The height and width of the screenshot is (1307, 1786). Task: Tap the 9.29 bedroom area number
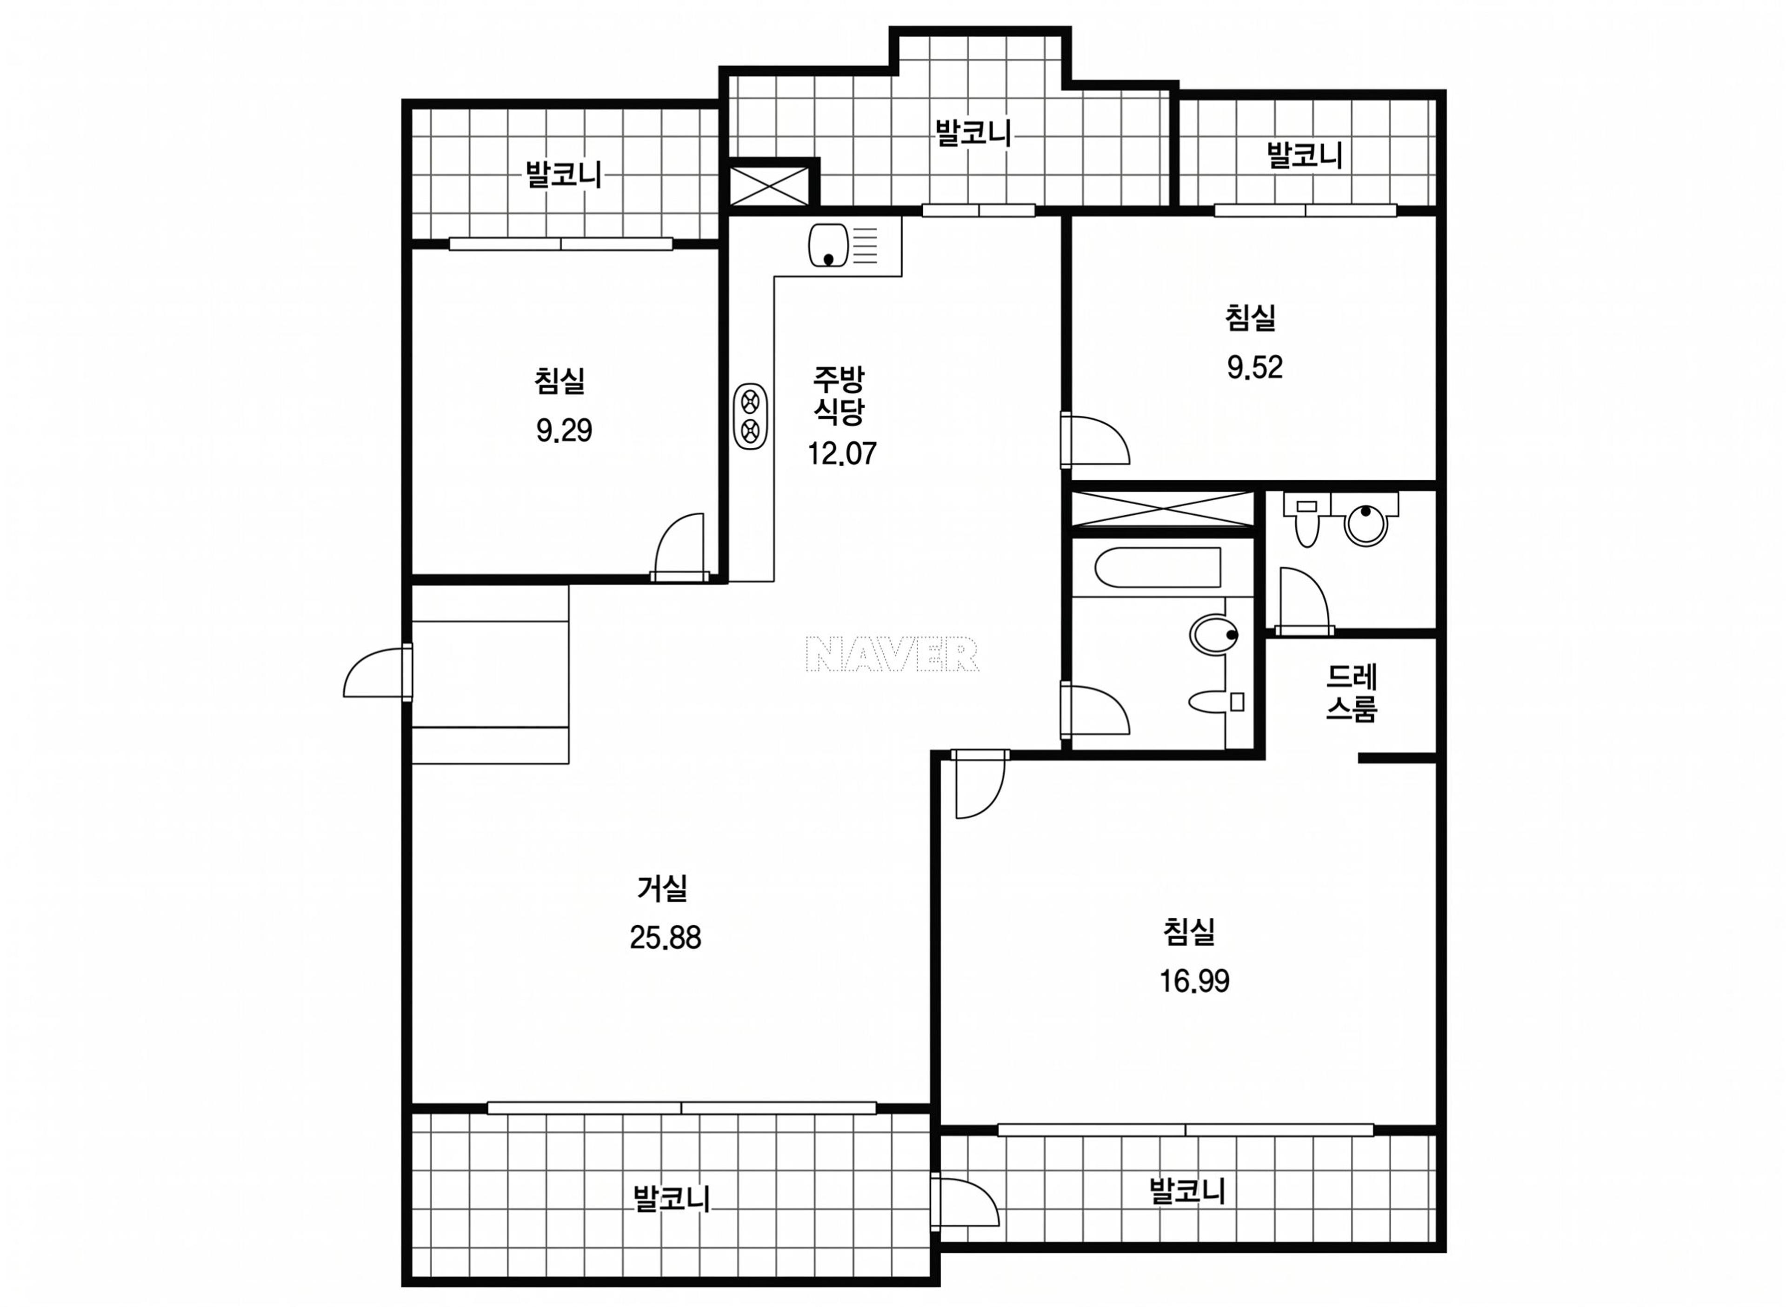pyautogui.click(x=563, y=431)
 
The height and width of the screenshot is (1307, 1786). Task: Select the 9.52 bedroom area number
pyautogui.click(x=1254, y=367)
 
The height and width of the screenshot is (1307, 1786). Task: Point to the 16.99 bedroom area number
pyautogui.click(x=1194, y=982)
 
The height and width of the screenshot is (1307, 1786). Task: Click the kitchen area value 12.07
pyautogui.click(x=841, y=453)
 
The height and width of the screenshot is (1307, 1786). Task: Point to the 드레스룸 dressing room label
pyautogui.click(x=1352, y=693)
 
